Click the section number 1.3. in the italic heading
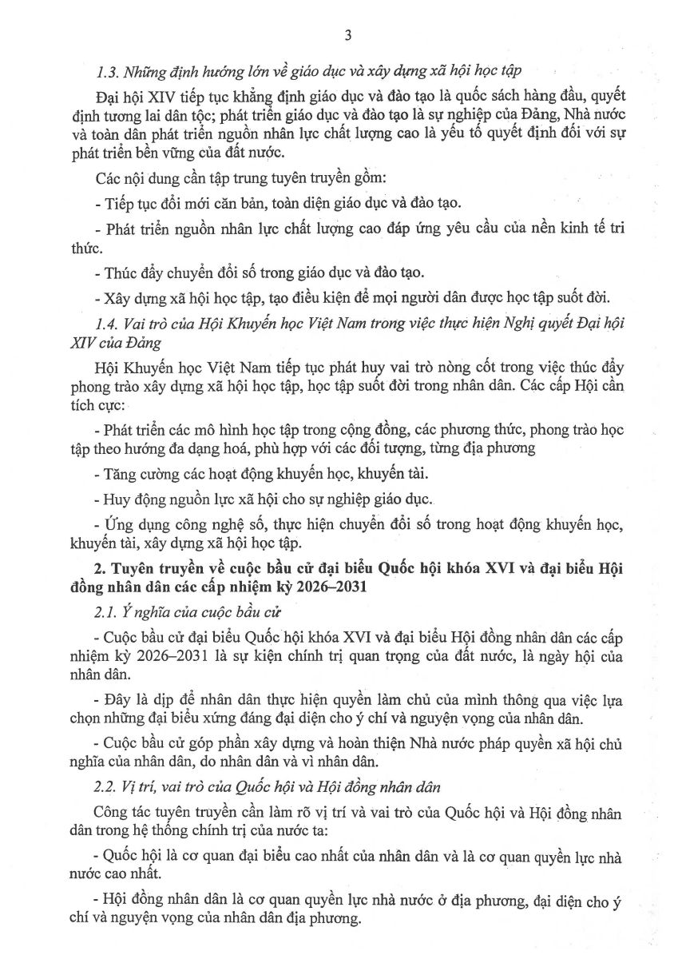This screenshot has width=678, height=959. [x=108, y=71]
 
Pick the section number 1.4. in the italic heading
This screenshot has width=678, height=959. [x=108, y=324]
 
